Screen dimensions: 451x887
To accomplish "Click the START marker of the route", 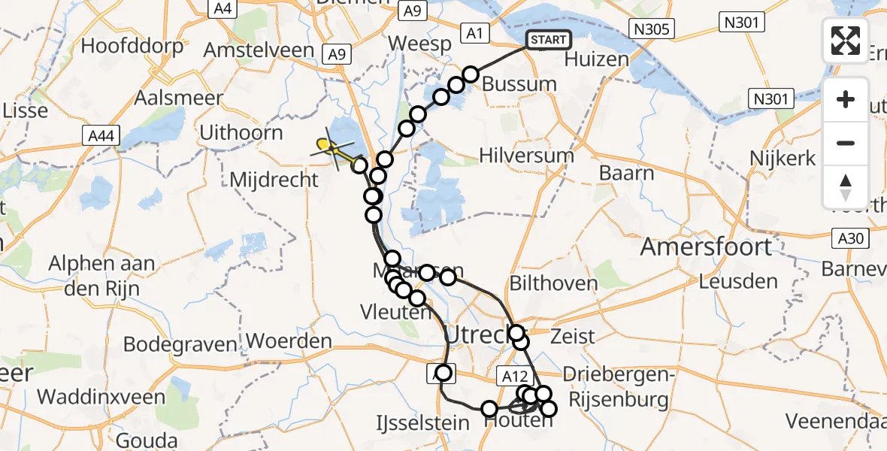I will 549,40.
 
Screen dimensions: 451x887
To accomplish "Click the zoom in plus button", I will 846,99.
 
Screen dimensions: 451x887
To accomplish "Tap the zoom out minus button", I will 846,143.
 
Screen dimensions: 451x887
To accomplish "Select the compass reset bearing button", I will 846,186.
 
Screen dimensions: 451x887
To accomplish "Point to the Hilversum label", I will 527,156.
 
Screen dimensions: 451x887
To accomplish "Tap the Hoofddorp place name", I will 132,46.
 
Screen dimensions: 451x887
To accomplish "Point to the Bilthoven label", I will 553,283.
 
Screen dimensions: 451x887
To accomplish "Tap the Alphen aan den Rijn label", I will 101,274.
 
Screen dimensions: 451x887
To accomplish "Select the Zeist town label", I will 572,336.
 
